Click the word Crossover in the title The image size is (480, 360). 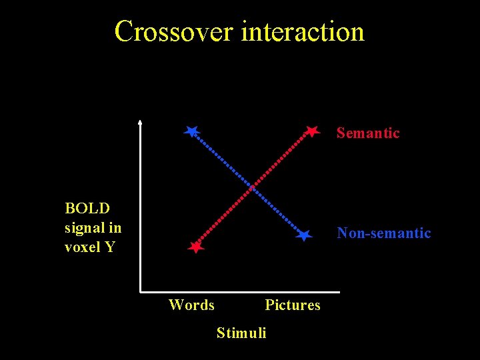click(x=174, y=31)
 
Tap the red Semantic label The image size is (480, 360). click(x=367, y=133)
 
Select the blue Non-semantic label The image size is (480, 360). click(x=383, y=233)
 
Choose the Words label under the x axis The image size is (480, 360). click(x=191, y=305)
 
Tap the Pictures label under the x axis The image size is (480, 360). click(x=292, y=305)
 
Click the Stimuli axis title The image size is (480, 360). click(x=241, y=332)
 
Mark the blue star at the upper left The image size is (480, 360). click(x=192, y=131)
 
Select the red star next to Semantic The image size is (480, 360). click(x=312, y=131)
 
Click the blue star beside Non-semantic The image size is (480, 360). click(x=304, y=235)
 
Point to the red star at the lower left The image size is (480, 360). click(x=195, y=247)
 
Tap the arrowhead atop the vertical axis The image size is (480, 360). click(x=140, y=122)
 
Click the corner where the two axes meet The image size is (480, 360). click(x=141, y=291)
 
